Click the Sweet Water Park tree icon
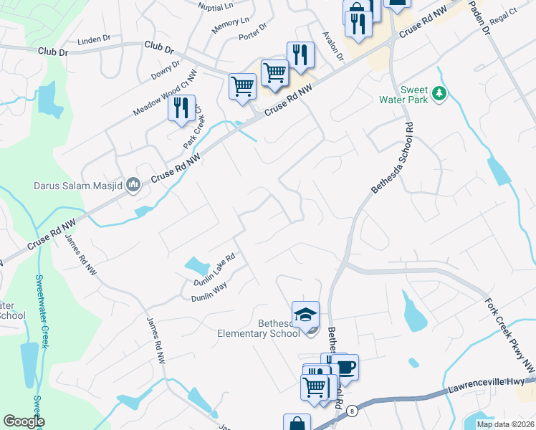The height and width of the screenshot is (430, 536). [439, 93]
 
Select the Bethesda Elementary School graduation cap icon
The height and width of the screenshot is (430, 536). [305, 315]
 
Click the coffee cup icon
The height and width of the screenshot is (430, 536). [345, 368]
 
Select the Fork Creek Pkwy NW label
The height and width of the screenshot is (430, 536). [509, 335]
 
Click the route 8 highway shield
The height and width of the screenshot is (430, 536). [353, 411]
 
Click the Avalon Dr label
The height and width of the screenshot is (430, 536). [333, 47]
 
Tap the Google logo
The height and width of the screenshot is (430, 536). [24, 421]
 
